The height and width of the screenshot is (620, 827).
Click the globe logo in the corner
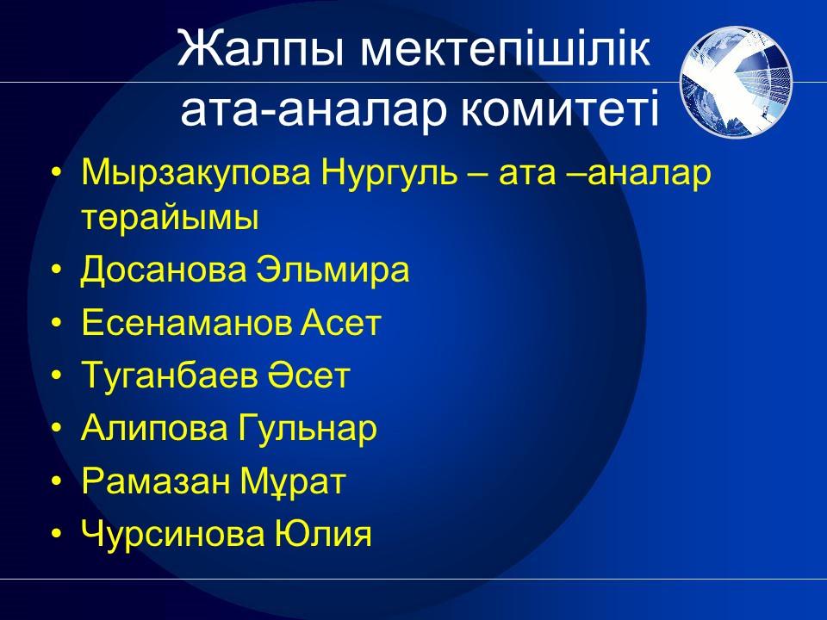pos(737,81)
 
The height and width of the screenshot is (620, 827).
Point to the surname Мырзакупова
pos(196,175)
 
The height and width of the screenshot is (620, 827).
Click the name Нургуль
pos(389,175)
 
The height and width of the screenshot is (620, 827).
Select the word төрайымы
pos(170,218)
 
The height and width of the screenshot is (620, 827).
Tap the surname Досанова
pos(164,270)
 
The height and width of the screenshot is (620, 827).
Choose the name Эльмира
pos(333,270)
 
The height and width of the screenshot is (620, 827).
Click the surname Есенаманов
pos(187,322)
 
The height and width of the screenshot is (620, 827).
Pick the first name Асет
pos(341,322)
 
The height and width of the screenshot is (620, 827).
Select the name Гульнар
pos(308,428)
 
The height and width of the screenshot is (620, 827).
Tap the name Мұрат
pos(293,481)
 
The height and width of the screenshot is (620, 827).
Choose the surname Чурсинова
pos(172,534)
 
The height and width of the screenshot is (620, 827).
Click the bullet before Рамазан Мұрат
pos(57,481)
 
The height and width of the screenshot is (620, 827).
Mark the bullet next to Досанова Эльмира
pos(57,270)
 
